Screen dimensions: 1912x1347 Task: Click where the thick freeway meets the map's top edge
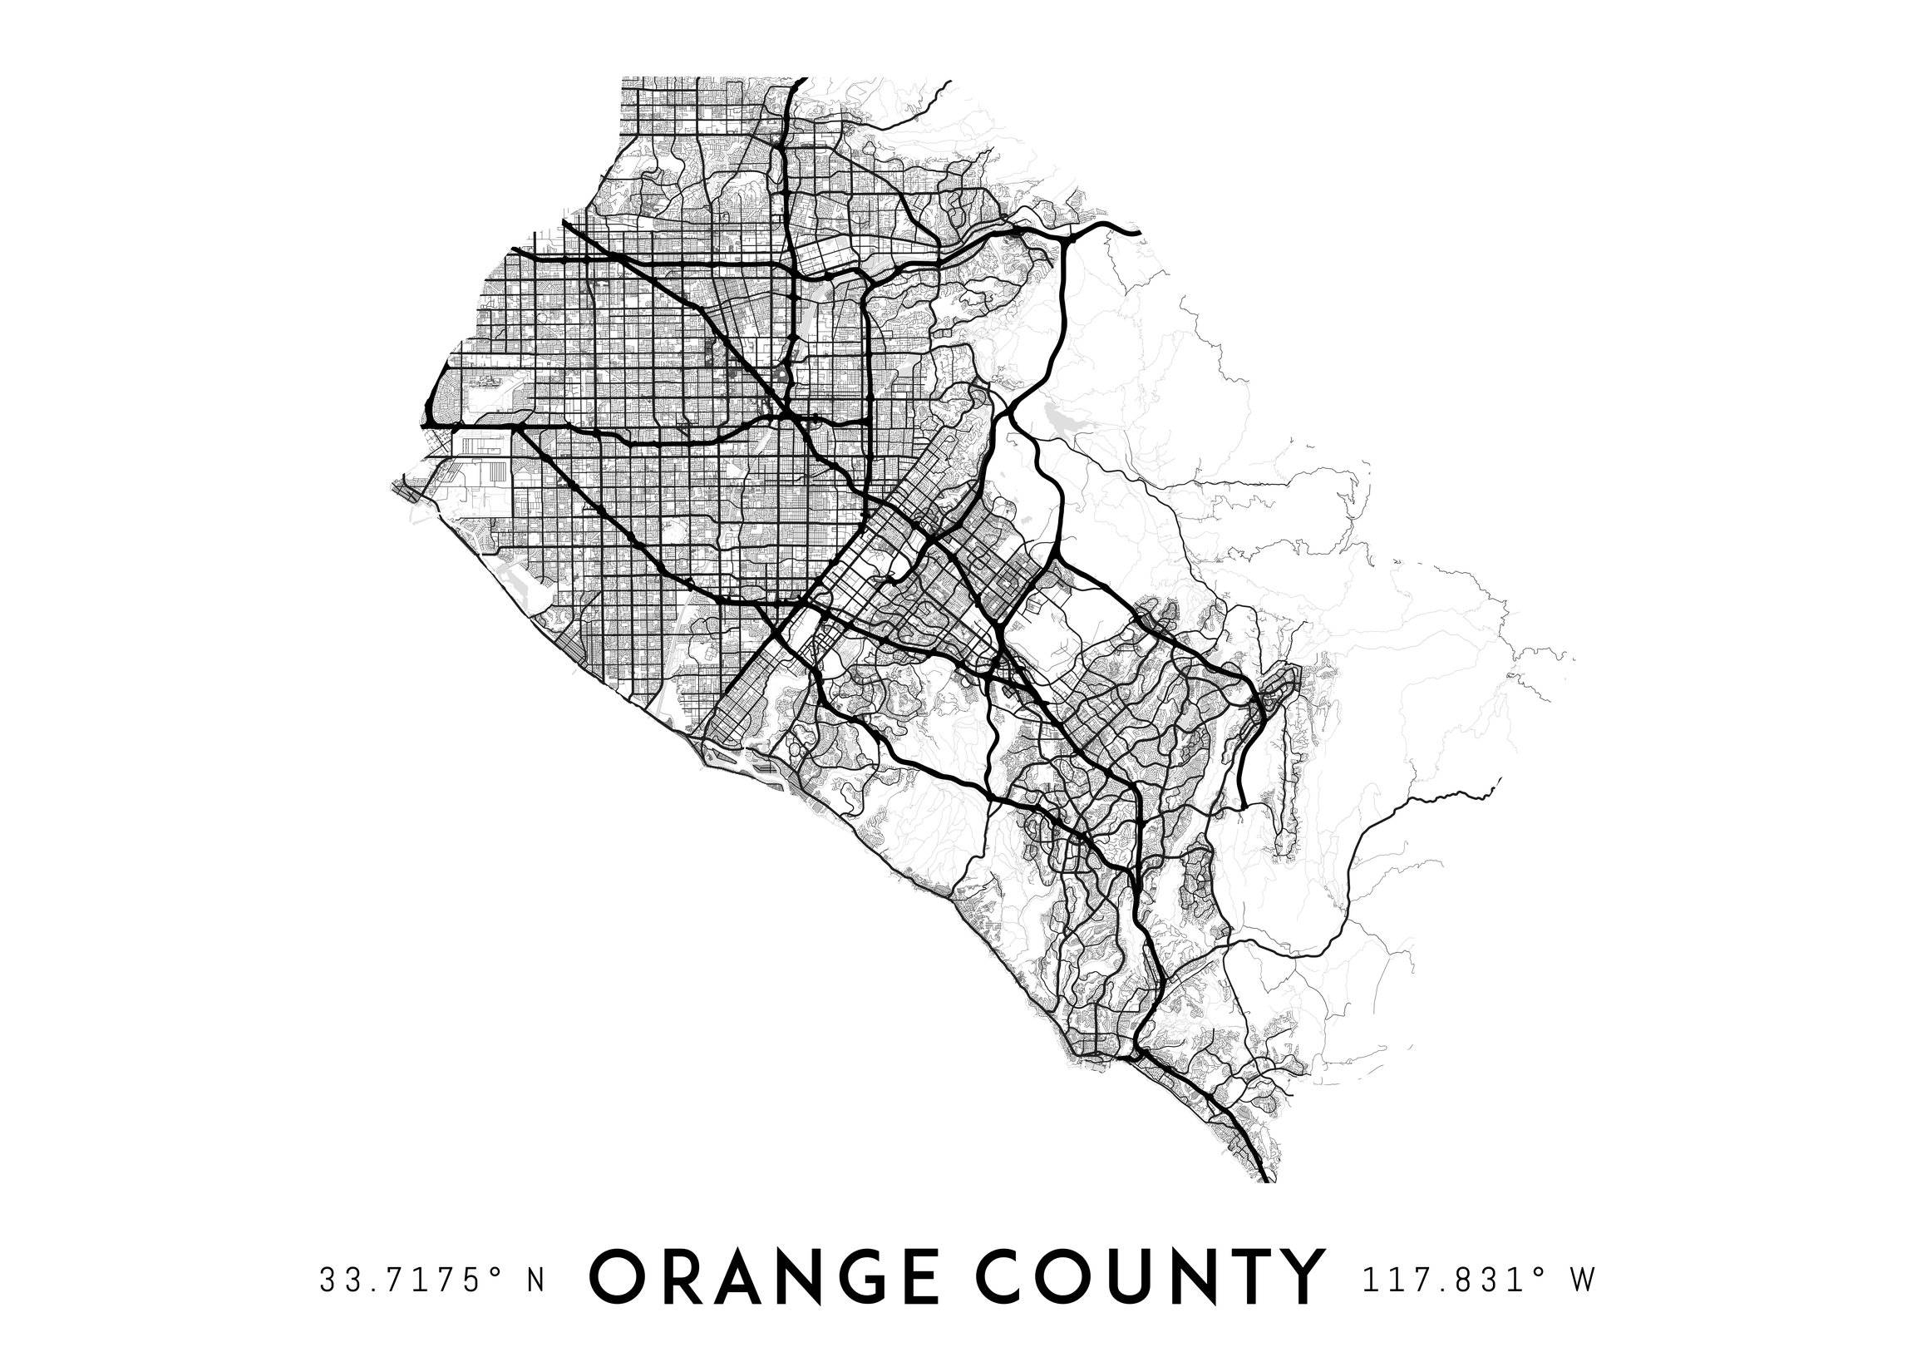click(x=801, y=79)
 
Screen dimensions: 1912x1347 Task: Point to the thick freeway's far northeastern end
click(x=1137, y=231)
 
